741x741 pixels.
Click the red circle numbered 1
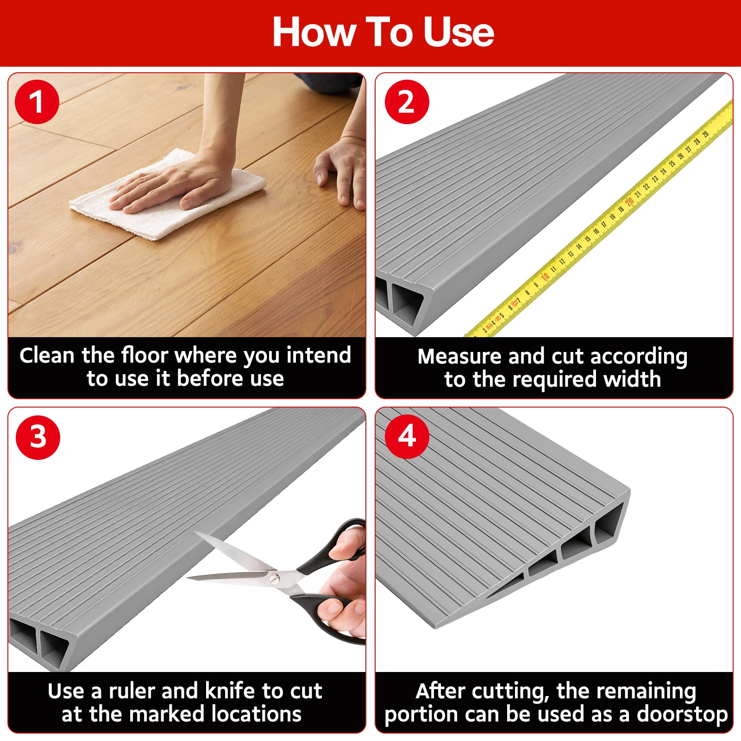37,102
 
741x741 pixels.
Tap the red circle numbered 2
407,102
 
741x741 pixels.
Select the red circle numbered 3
38,437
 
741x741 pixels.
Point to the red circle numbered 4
407,436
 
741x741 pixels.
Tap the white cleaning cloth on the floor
168,195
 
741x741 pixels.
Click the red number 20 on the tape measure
629,201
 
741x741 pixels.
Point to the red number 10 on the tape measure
545,276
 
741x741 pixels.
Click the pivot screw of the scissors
276,578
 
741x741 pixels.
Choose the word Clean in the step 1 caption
47,356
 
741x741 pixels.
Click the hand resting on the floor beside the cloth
339,174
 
